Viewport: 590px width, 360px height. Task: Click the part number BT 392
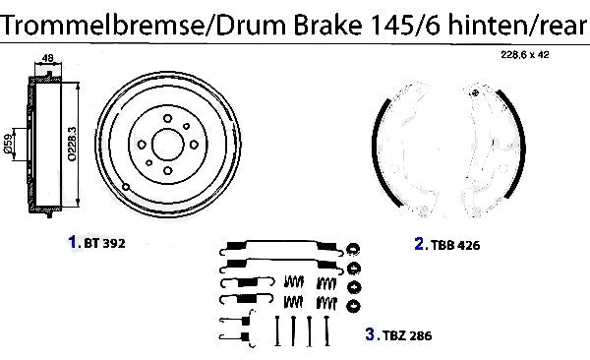104,243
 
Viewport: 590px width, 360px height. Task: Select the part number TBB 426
455,245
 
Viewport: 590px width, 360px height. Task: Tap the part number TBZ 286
407,335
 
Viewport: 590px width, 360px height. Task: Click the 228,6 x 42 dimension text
524,55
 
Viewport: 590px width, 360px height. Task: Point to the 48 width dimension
48,58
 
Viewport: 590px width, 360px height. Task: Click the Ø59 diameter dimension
8,145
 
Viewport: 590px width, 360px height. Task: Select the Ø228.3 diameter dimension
72,144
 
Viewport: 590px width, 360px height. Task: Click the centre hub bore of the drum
168,145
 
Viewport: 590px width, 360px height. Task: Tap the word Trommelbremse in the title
102,25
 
